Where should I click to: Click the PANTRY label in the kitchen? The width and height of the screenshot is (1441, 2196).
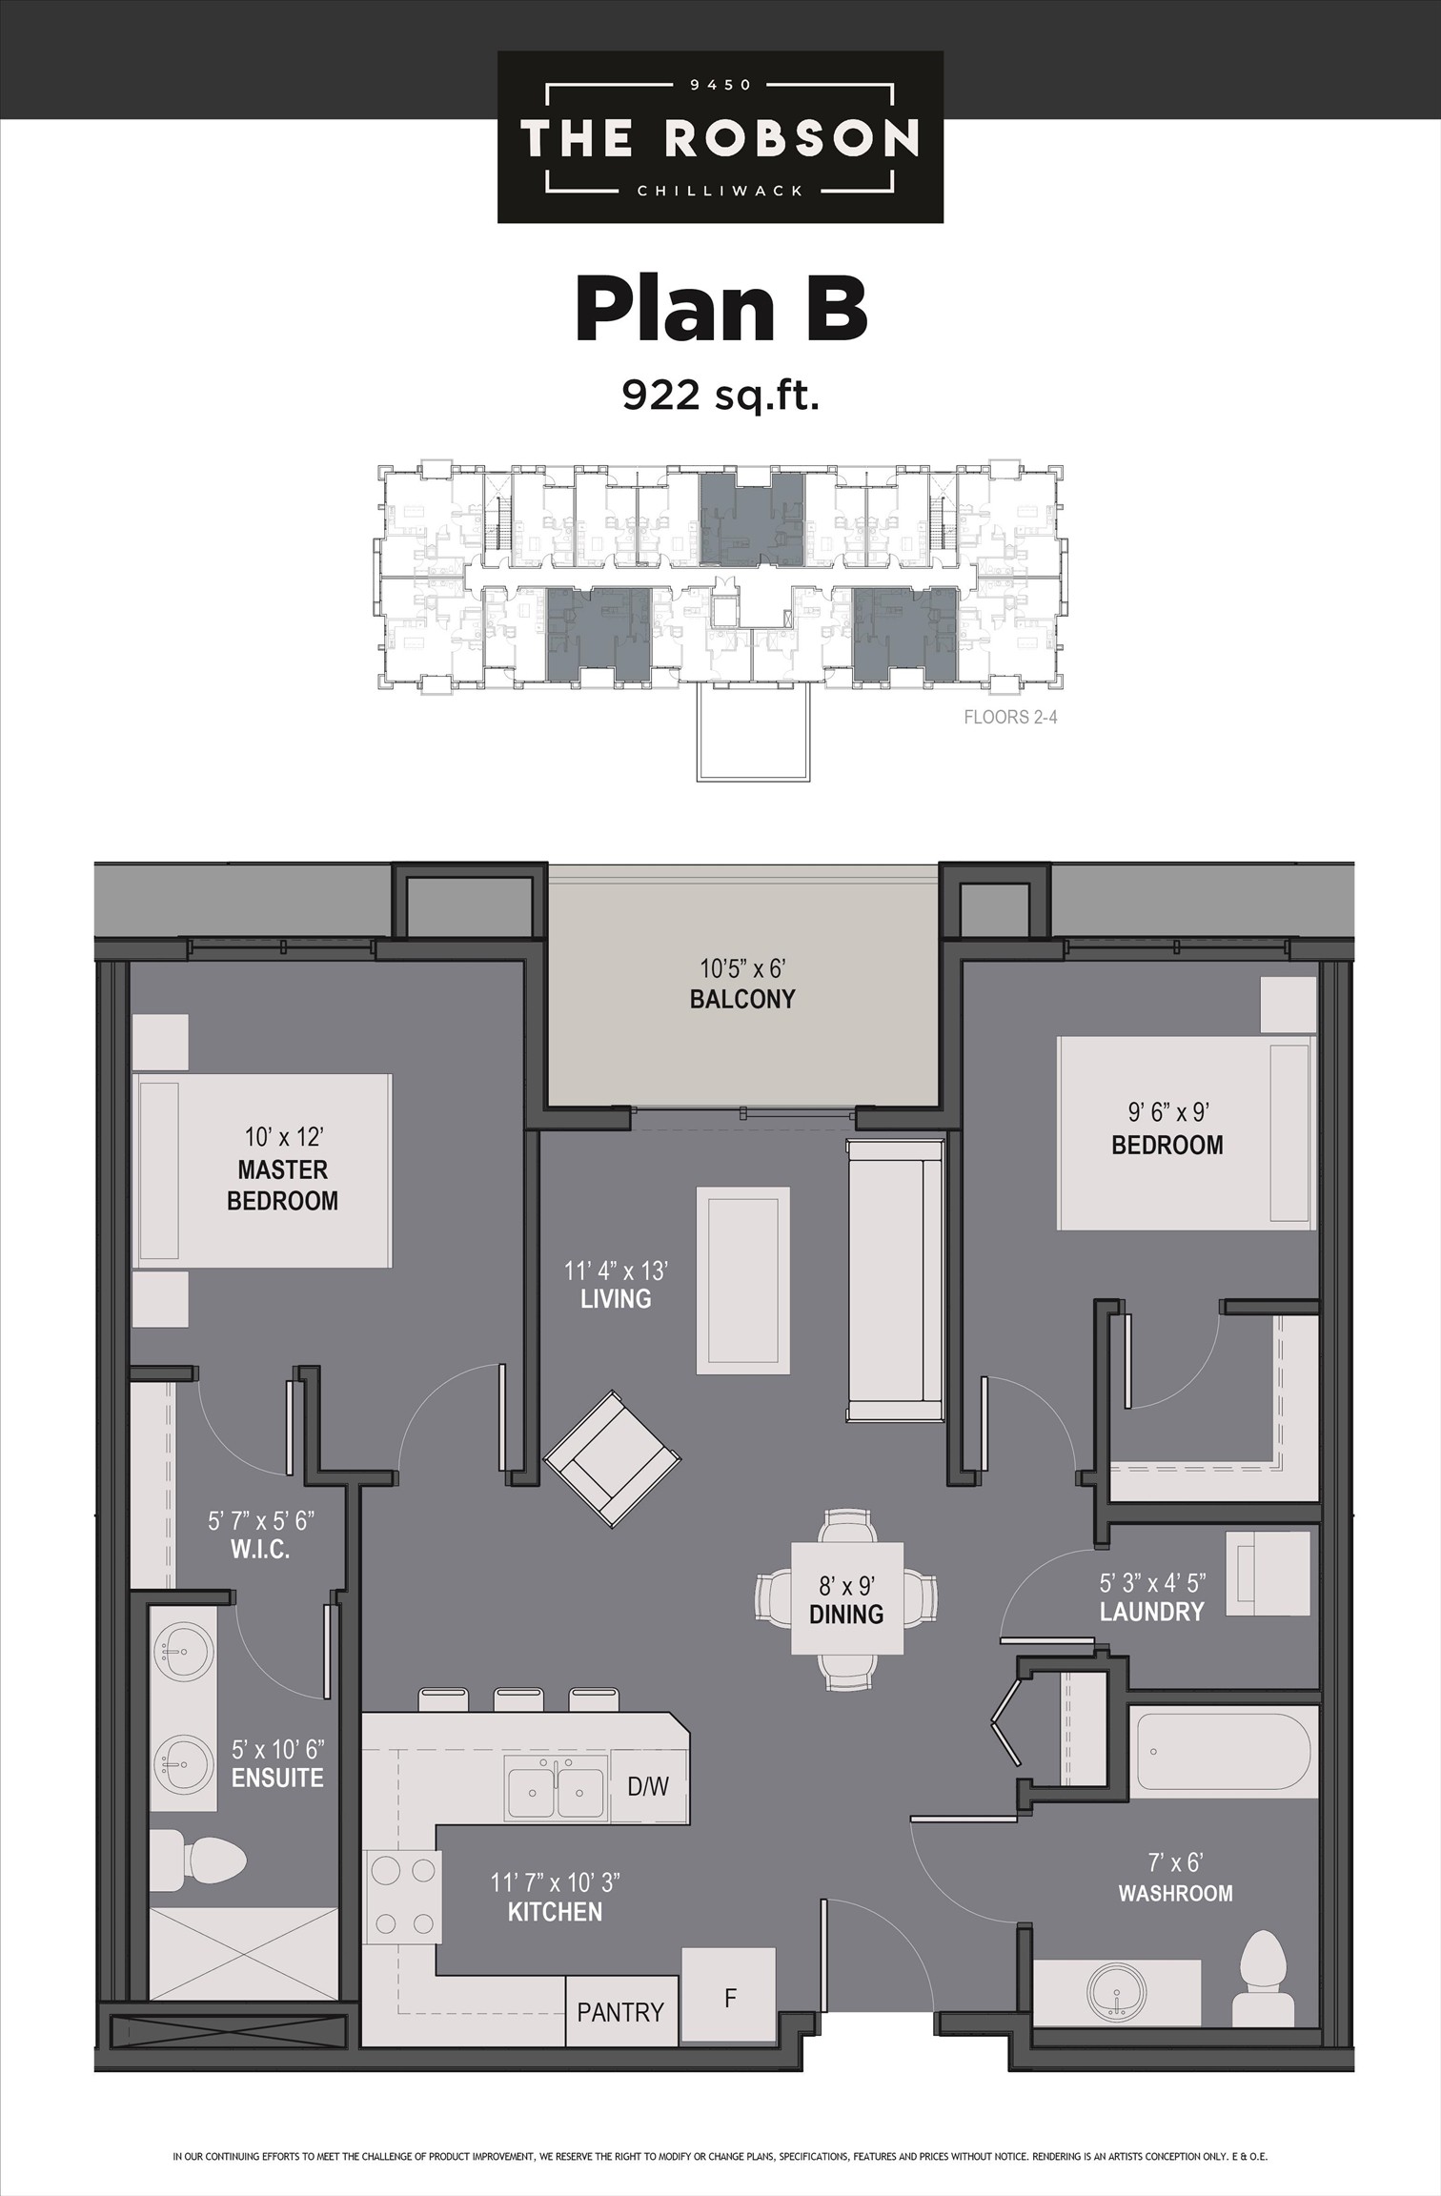click(620, 2012)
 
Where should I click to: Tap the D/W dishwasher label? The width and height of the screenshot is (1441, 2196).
click(648, 1786)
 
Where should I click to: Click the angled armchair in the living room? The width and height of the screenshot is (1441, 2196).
click(612, 1460)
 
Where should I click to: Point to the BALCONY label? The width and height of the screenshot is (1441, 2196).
click(742, 999)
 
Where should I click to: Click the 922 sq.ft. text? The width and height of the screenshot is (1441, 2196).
click(721, 393)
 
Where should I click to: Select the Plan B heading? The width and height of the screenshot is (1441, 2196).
click(721, 309)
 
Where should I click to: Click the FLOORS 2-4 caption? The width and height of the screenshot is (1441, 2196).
click(1010, 717)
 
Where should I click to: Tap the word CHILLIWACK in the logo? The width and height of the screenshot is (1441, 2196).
click(720, 190)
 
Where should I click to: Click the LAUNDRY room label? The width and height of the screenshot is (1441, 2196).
click(1152, 1612)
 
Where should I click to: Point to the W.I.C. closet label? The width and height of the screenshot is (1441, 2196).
click(260, 1549)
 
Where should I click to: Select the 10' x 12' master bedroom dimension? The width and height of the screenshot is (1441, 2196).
click(284, 1136)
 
